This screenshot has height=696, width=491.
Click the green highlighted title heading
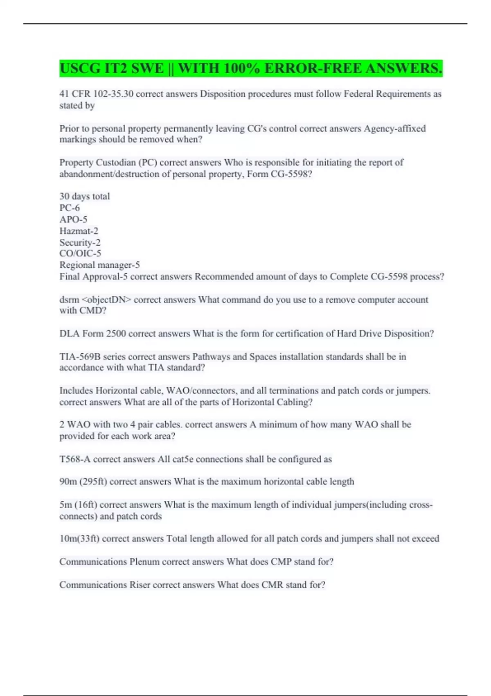[250, 68]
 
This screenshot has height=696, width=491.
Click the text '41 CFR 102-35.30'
[96, 94]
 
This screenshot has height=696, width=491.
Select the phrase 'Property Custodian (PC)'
[108, 163]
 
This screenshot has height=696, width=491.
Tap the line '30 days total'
[85, 197]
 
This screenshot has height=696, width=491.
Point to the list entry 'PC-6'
[70, 208]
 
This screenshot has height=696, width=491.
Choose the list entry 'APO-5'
[73, 219]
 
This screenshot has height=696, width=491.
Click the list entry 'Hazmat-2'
[79, 231]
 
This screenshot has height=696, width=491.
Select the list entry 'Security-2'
[80, 242]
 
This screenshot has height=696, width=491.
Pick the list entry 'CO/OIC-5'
[80, 253]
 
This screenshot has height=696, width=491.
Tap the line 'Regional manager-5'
[99, 265]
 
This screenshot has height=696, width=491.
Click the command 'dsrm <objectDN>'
[95, 300]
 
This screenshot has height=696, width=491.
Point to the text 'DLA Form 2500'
[92, 334]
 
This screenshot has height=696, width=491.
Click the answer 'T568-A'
[75, 459]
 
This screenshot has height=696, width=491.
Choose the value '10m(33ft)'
[79, 539]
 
